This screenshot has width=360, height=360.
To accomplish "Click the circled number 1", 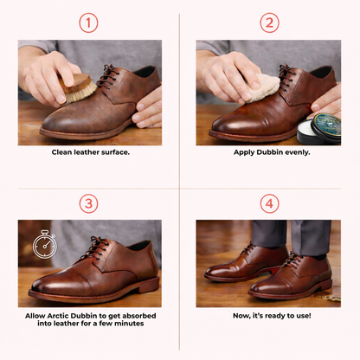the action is coord(88,22).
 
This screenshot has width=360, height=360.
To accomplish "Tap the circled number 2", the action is coord(269,22).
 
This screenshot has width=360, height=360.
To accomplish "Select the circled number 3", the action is coord(88,203).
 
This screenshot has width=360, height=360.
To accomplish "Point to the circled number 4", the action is coord(269,203).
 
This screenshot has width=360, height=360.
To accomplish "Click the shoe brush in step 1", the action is coord(78,88).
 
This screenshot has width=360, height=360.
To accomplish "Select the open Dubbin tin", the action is coord(319,129).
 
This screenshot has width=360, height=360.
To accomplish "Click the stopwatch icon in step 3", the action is coord(44,245).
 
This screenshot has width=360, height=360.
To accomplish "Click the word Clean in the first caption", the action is coord(61,152).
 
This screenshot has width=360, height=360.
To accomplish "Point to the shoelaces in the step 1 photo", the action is coord(106,76).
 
